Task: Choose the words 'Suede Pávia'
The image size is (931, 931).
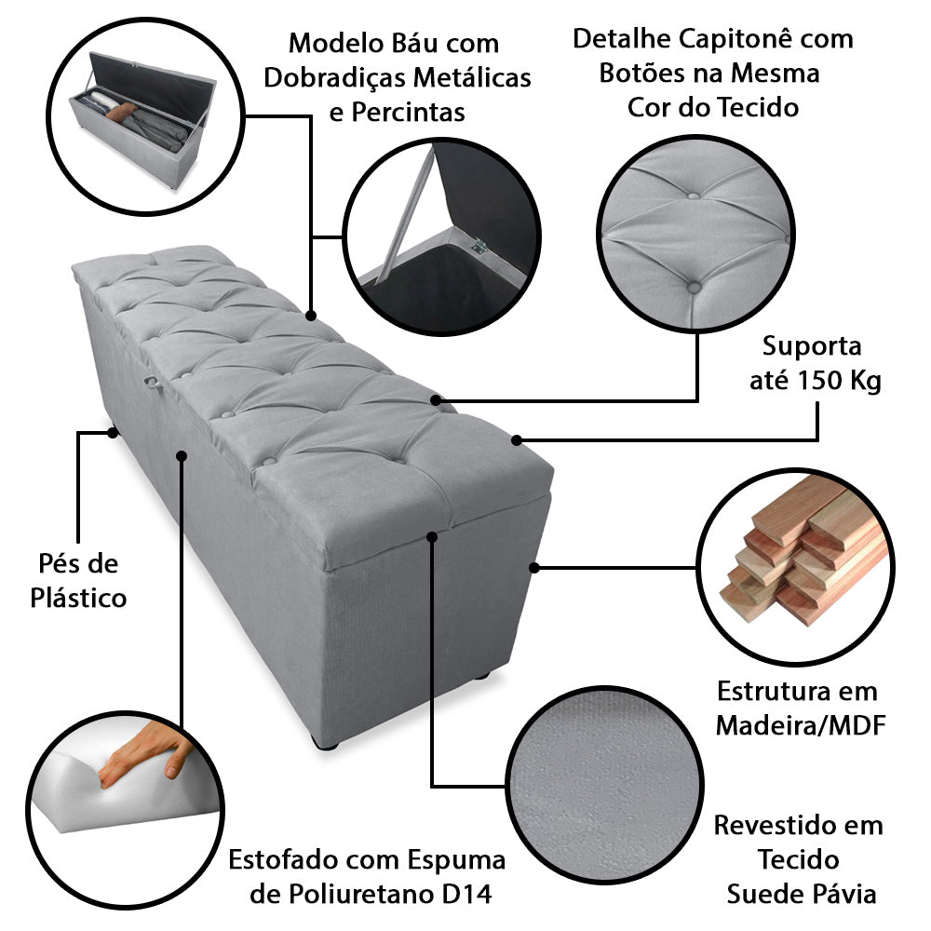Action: (x=802, y=895)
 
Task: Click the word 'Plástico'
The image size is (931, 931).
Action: (x=78, y=598)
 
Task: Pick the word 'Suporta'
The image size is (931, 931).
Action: (x=813, y=346)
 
